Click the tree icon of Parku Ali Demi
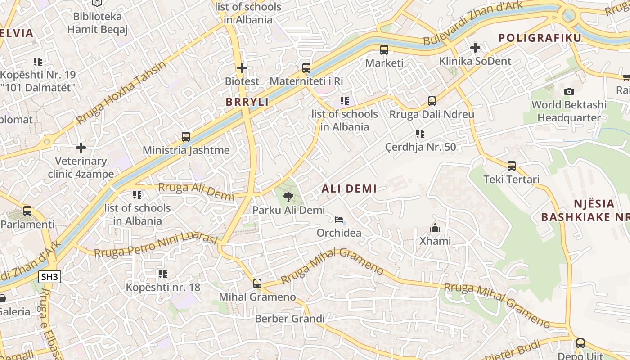(288, 197)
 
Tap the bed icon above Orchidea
(339, 220)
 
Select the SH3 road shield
(49, 277)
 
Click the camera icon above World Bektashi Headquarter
(569, 92)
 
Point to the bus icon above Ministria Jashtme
(186, 137)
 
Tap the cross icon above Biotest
(242, 68)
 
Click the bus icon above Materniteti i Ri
(306, 68)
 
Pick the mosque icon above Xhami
(435, 228)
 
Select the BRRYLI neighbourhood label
(247, 102)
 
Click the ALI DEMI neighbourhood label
(349, 189)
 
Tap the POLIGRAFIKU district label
(540, 38)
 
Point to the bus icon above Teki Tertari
(511, 166)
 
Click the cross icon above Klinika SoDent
(475, 48)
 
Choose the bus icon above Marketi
(384, 50)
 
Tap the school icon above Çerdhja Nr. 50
(420, 134)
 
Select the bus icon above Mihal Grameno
(257, 283)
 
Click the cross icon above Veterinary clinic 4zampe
(81, 148)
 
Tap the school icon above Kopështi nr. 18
(162, 274)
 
